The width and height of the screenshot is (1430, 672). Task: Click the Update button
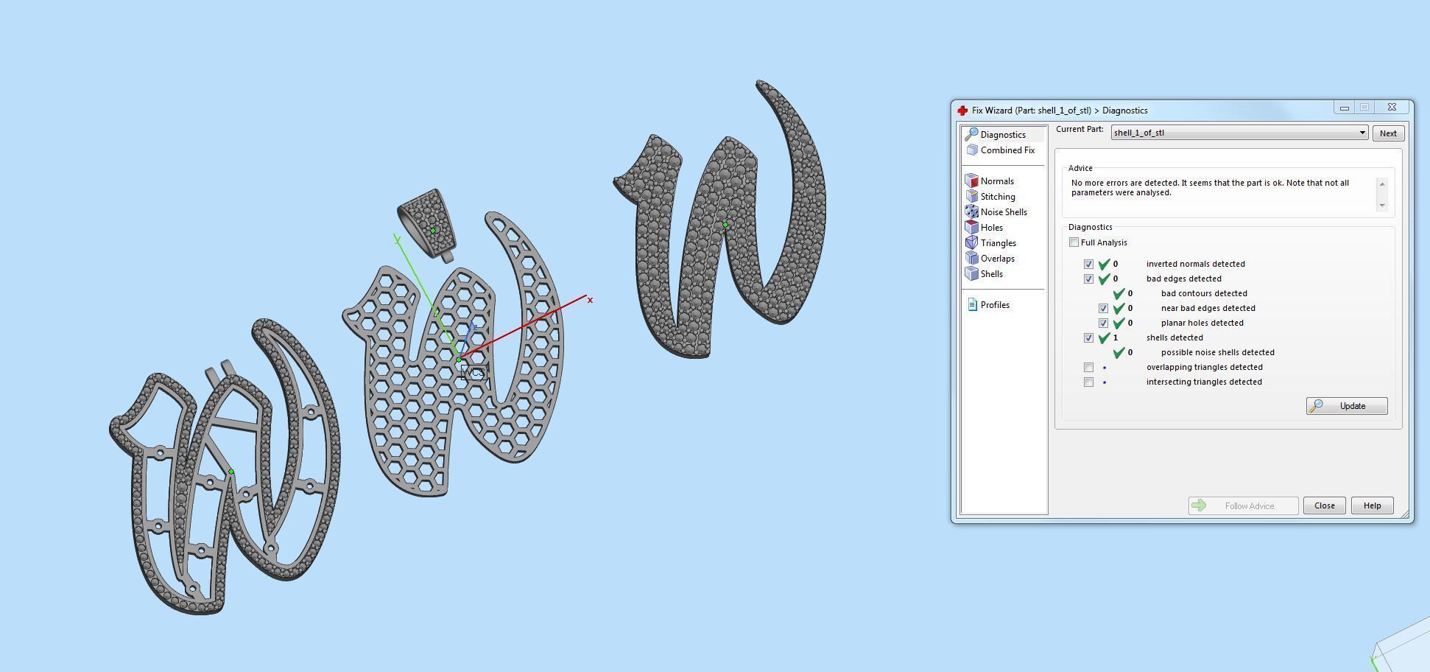(1346, 406)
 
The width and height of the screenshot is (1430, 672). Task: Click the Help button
(1371, 505)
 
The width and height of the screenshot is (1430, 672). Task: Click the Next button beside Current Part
(1387, 133)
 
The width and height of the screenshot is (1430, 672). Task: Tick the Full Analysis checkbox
(1074, 242)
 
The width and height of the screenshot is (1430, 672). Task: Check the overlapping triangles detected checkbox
(1088, 367)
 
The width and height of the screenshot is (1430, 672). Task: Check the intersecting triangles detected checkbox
(1088, 382)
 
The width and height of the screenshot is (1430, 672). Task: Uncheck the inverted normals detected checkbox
(1088, 264)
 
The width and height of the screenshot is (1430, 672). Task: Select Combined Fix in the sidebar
(1007, 150)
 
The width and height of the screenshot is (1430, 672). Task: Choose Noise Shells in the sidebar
(1003, 212)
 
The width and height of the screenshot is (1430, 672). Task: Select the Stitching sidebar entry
(997, 197)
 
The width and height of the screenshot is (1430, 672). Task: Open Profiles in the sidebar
(994, 305)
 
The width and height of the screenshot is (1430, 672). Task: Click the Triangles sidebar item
(998, 243)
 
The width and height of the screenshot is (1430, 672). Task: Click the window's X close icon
(1392, 108)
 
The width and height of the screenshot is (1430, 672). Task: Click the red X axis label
(590, 300)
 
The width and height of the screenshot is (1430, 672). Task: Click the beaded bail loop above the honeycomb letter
(427, 221)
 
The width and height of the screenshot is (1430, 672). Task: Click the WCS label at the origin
(473, 373)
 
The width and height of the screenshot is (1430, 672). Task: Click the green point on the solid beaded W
(725, 225)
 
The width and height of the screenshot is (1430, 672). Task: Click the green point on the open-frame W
(231, 472)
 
